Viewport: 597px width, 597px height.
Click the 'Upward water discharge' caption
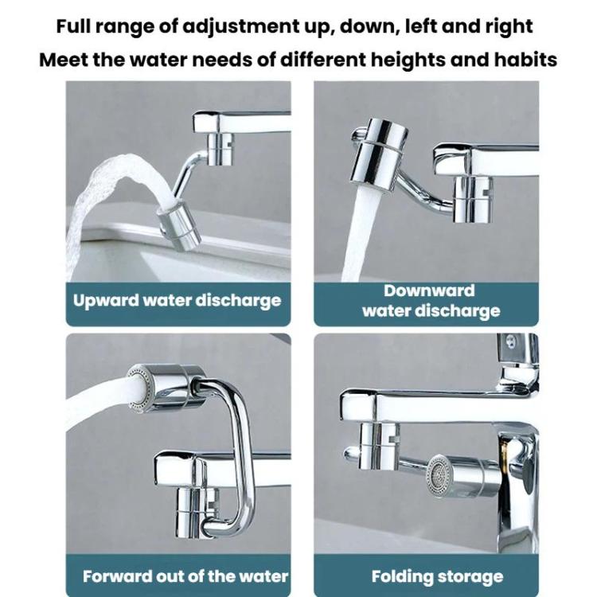coord(178,301)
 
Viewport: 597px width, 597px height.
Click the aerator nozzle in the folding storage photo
coord(441,476)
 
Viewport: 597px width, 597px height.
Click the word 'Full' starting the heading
coord(75,27)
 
